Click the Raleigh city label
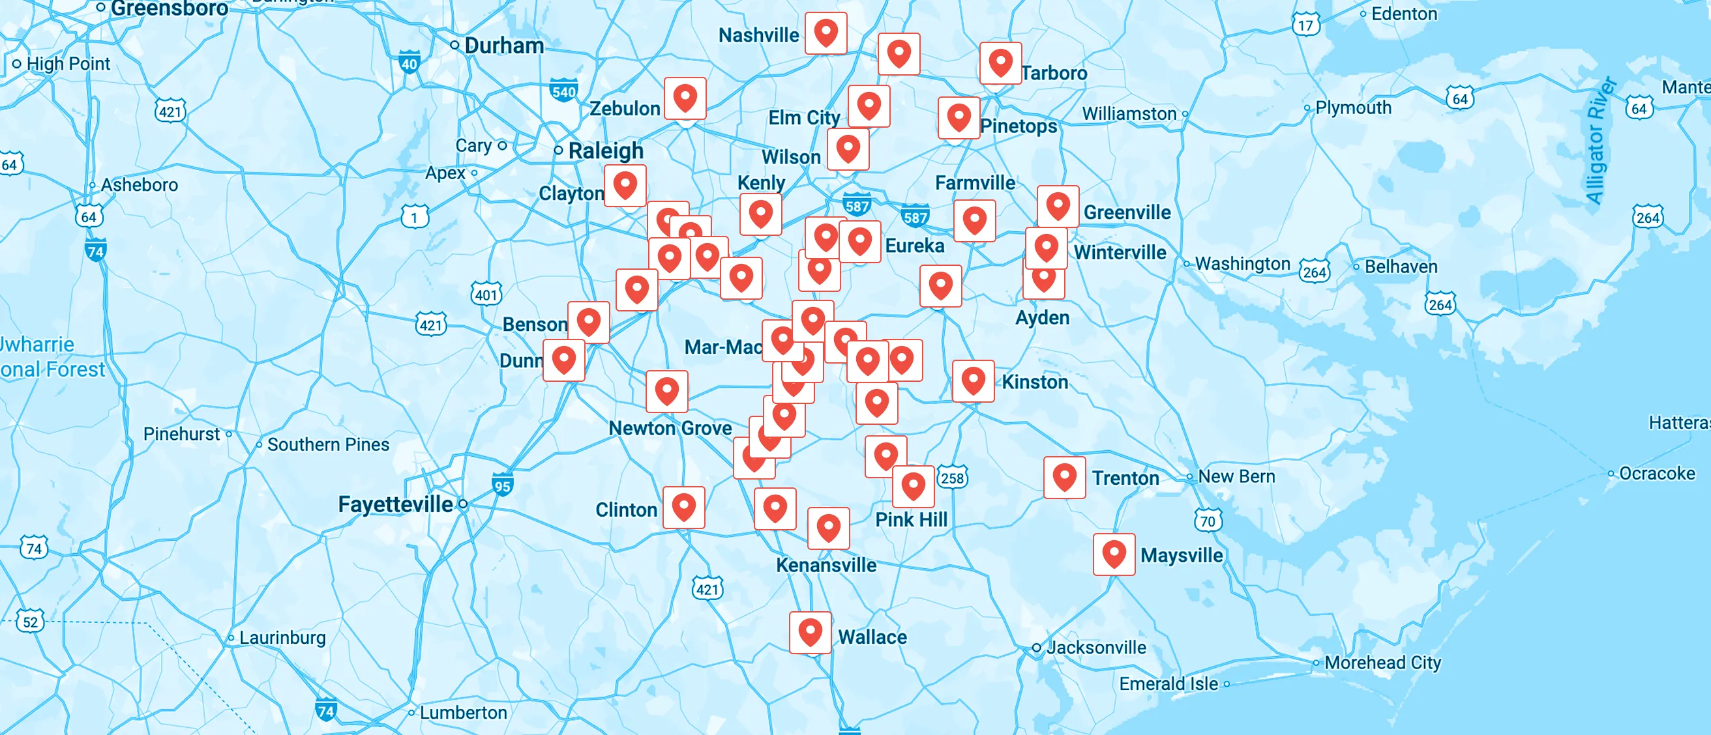point(605,151)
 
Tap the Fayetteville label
point(395,504)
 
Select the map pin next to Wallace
point(810,632)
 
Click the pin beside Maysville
point(1114,554)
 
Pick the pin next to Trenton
point(1064,477)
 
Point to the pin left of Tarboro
point(1000,63)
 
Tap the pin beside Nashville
point(826,33)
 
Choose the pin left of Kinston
point(973,381)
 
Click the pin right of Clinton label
point(683,507)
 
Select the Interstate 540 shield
point(563,91)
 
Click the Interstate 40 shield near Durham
point(409,63)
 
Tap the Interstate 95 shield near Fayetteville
point(502,485)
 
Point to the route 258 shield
point(952,478)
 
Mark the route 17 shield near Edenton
point(1305,25)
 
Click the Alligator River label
point(1600,141)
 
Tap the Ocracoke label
point(1656,474)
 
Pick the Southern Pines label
point(328,444)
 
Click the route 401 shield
point(486,294)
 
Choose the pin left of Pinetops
point(959,117)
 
